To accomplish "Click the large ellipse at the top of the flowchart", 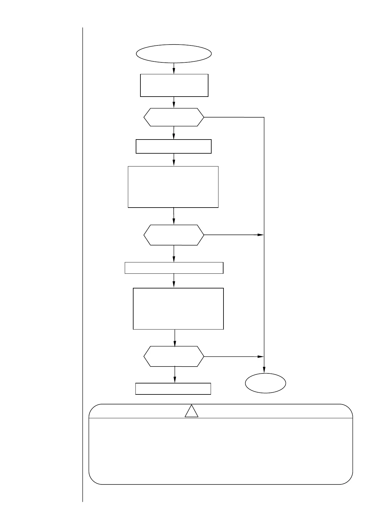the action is click(x=174, y=53).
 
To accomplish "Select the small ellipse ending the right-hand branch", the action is click(x=265, y=383).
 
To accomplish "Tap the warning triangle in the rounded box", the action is click(x=191, y=411).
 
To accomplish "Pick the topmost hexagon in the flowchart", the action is click(x=174, y=117).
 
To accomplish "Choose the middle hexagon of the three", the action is click(x=174, y=235).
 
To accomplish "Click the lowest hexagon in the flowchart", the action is click(x=174, y=356).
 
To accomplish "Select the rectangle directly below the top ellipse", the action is click(x=174, y=85).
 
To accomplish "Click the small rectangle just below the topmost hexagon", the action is click(x=173, y=146).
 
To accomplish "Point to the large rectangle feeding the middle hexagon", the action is click(x=173, y=187).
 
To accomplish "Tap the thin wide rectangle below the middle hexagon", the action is click(x=174, y=268).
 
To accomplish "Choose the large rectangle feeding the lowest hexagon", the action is click(x=178, y=309).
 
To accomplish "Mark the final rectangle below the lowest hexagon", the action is click(x=173, y=388).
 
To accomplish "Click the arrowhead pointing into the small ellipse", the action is click(x=264, y=370).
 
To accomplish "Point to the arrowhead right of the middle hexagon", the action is click(x=260, y=235).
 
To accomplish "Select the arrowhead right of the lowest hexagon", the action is click(x=260, y=356).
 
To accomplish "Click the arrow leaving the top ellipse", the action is click(x=174, y=68).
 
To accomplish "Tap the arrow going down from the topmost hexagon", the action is click(x=174, y=133).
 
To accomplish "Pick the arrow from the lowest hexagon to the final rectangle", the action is click(x=175, y=375).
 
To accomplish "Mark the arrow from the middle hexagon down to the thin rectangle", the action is click(x=174, y=253).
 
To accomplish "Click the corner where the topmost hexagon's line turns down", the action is click(x=264, y=118).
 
